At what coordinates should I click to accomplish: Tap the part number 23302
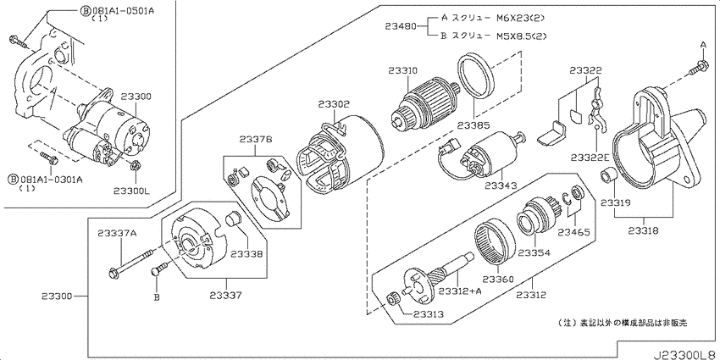pos(334,104)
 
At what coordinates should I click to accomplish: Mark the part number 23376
pos(255,140)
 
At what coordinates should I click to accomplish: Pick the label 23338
pos(246,253)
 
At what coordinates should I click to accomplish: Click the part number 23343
pos(500,186)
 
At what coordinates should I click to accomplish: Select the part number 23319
pos(615,203)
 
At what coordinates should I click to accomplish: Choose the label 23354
pos(534,252)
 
